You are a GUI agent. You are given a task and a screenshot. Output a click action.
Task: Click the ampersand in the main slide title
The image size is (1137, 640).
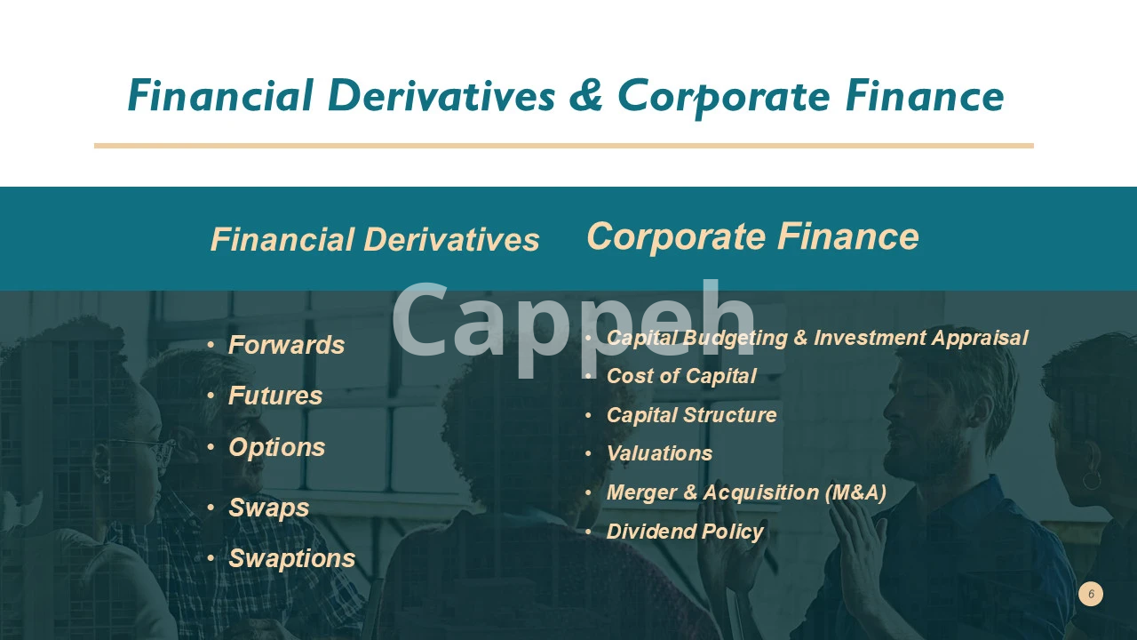585,95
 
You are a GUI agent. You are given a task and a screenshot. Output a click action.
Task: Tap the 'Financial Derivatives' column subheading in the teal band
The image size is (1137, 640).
375,239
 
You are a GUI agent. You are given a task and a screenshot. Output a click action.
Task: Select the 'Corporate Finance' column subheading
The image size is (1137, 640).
752,236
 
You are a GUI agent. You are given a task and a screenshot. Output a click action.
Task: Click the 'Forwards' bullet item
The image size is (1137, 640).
286,345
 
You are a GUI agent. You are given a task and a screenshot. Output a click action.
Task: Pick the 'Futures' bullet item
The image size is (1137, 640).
275,396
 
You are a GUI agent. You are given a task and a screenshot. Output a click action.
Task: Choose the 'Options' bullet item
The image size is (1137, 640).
276,448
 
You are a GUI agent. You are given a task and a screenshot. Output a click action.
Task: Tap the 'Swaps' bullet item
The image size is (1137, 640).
268,508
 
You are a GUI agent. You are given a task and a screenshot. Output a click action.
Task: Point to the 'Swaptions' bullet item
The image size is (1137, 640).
292,559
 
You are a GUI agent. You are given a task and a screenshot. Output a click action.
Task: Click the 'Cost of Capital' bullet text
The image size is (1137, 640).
681,376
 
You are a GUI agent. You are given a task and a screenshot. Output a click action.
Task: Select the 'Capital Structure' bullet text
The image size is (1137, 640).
691,415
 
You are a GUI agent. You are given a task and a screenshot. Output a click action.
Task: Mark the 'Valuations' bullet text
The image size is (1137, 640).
659,453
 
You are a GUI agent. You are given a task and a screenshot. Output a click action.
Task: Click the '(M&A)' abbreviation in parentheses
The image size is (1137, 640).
855,492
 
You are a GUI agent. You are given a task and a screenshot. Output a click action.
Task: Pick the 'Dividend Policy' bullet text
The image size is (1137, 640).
685,532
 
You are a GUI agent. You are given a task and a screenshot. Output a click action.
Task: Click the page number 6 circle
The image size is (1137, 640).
1091,594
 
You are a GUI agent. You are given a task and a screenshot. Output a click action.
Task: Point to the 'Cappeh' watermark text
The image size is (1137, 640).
574,325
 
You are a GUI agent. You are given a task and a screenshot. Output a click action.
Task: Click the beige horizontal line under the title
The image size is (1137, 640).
564,146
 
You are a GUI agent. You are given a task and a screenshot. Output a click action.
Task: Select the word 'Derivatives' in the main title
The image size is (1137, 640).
441,95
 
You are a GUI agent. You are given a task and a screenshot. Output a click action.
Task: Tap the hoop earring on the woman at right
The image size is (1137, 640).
1092,479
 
